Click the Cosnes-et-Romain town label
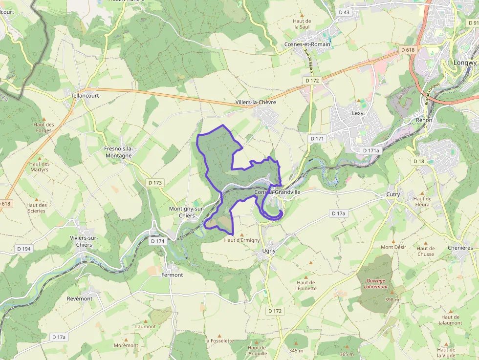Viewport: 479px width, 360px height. click(307, 44)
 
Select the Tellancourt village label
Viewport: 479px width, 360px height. click(85, 96)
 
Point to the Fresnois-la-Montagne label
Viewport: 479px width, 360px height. click(118, 152)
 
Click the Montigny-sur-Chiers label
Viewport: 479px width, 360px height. click(182, 212)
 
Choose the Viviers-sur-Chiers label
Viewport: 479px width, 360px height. click(84, 241)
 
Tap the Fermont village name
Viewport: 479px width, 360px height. click(172, 275)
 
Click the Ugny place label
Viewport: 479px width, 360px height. click(269, 251)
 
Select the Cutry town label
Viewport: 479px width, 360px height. click(393, 194)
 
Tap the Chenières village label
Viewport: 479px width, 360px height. click(460, 248)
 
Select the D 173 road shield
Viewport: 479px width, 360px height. click(154, 183)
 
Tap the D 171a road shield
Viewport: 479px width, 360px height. click(371, 150)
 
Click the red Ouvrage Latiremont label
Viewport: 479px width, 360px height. click(375, 284)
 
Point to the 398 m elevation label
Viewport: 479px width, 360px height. click(392, 299)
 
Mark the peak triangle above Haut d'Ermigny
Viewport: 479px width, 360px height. click(241, 235)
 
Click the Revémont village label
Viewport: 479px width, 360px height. click(79, 298)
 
